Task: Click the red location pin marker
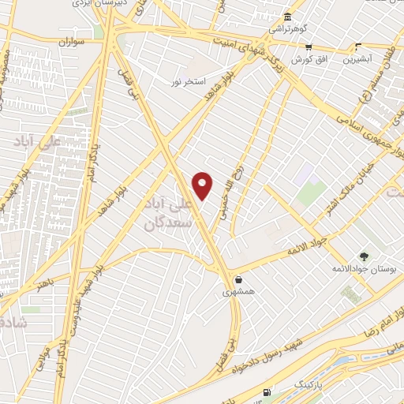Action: pos(203,185)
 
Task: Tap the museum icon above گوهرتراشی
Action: pos(286,17)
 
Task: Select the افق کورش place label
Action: pos(308,60)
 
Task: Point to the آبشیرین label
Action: pos(358,59)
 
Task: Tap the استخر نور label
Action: pos(190,81)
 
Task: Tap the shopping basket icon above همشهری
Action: pos(238,279)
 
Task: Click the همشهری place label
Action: pos(238,292)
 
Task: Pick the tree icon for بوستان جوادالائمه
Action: pos(364,256)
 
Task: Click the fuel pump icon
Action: pos(269,392)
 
